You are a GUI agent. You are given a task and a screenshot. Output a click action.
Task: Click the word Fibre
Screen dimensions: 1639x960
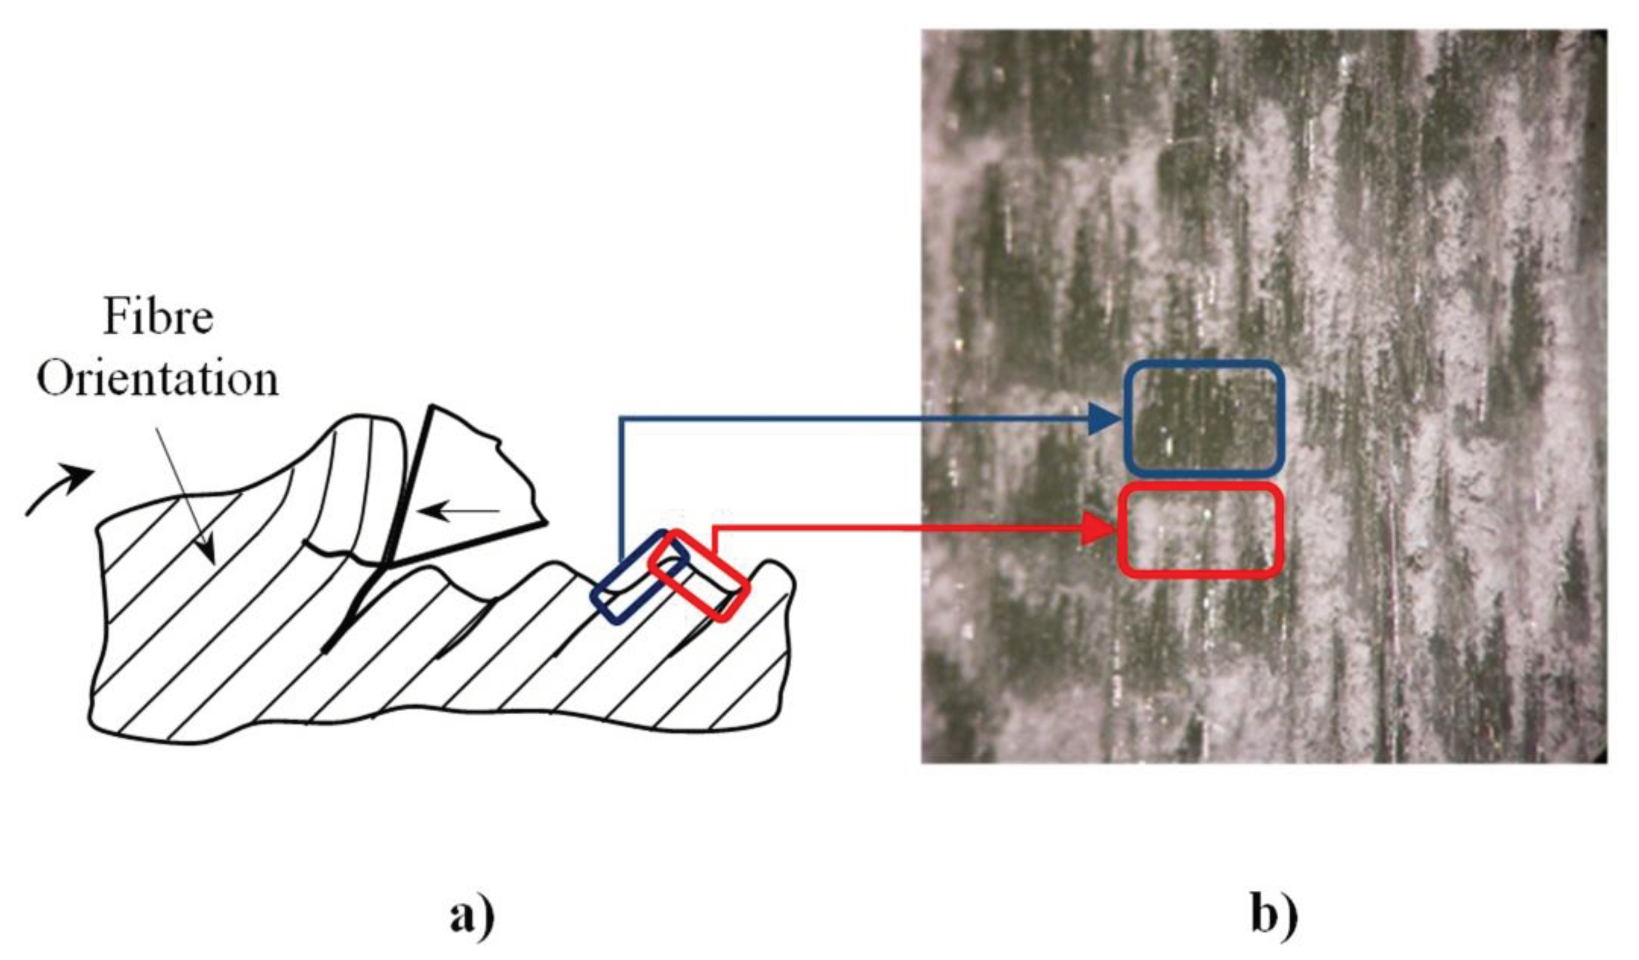click(158, 317)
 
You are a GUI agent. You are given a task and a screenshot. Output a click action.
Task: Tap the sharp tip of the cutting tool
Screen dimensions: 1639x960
click(390, 561)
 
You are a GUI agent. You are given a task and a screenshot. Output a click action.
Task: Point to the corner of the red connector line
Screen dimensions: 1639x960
click(716, 529)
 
